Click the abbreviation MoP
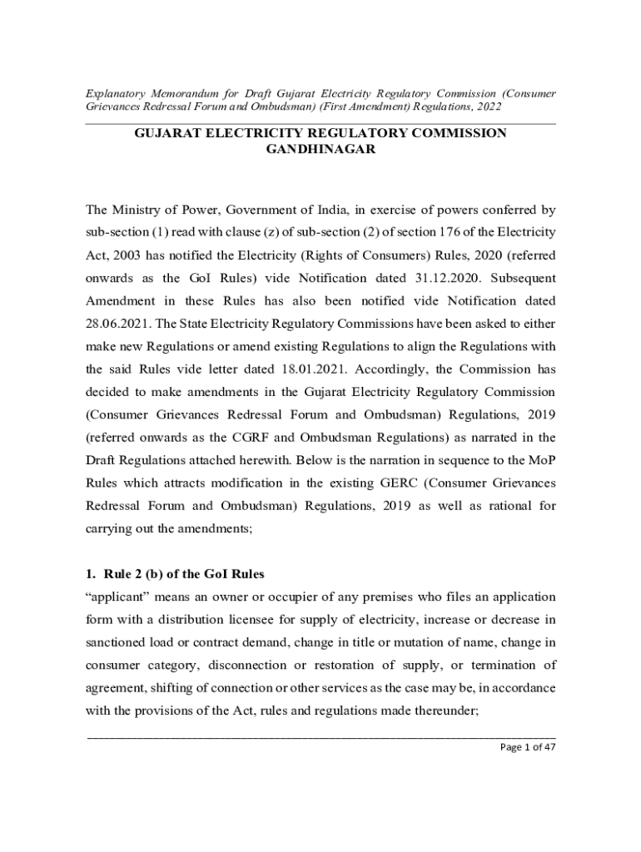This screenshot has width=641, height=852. coord(539,459)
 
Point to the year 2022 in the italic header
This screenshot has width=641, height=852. coord(484,107)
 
